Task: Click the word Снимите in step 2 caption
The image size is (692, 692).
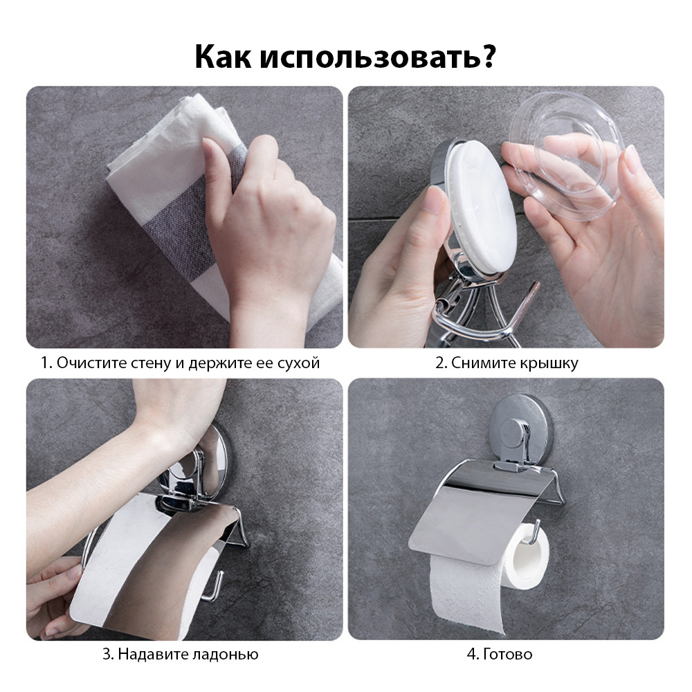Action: (479, 363)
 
